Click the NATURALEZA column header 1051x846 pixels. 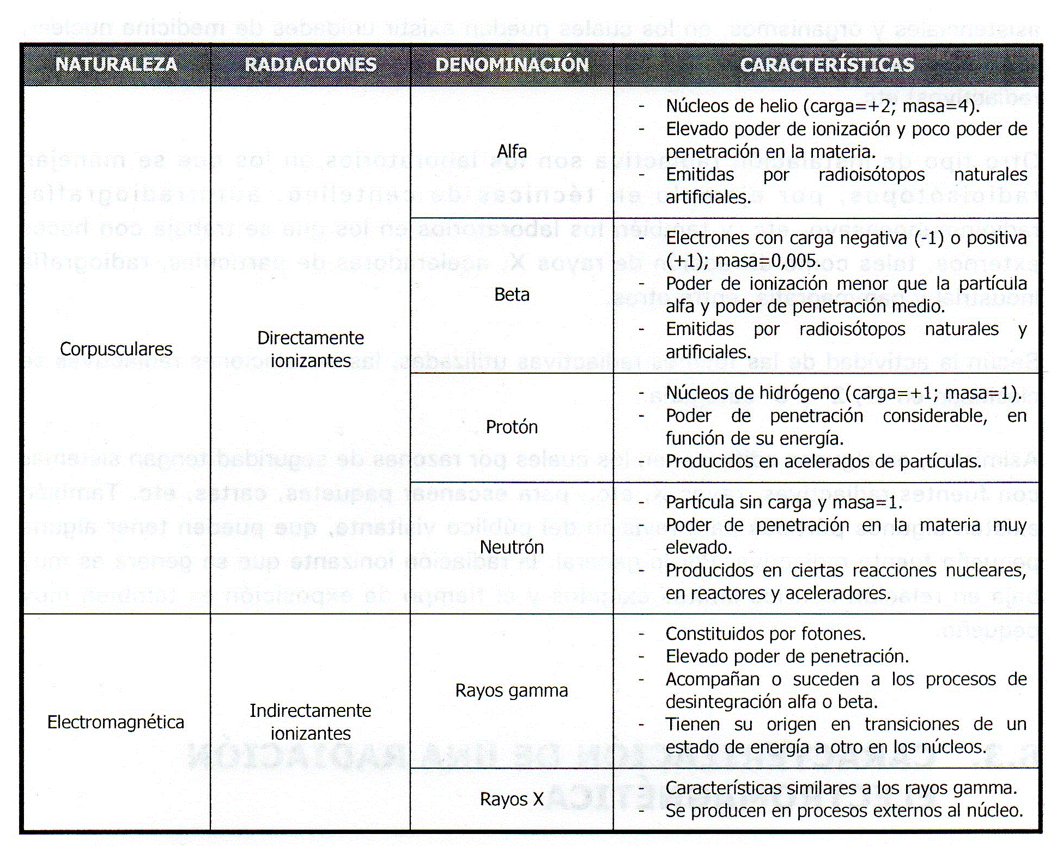(116, 64)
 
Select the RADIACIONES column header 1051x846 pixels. (311, 64)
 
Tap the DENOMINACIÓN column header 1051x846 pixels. (512, 64)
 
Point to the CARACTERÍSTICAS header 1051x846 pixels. (827, 64)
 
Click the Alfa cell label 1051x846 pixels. (512, 151)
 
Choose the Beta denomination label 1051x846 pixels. (512, 295)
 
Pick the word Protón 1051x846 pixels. (512, 427)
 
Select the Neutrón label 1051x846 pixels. (512, 547)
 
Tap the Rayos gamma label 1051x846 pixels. (512, 690)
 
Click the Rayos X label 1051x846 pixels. (512, 799)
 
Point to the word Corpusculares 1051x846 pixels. (116, 349)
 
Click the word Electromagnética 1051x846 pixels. (116, 722)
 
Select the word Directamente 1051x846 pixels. (311, 338)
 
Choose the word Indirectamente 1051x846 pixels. (311, 710)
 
